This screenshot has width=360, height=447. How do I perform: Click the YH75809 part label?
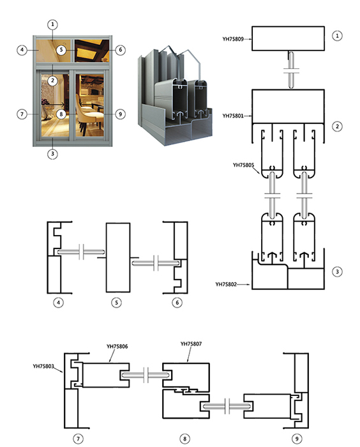point(233,39)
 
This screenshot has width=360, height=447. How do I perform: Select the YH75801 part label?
point(233,116)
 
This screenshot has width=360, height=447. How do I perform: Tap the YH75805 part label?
point(243,165)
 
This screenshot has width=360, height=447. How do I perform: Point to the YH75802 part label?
point(226,284)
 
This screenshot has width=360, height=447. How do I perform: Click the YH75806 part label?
point(117,346)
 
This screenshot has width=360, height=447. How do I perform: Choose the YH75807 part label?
point(191,344)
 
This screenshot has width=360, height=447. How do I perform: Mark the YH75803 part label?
point(43,366)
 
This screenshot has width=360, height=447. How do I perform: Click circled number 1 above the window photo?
point(52,24)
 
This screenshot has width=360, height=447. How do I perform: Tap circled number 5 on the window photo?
point(61,50)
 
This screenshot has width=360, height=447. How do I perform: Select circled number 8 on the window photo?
point(61,114)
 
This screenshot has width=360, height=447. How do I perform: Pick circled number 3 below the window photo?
point(52,154)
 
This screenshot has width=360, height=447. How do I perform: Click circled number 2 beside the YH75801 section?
point(337,126)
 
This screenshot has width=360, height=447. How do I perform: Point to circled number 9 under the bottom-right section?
point(297,439)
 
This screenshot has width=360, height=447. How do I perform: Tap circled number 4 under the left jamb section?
point(59,302)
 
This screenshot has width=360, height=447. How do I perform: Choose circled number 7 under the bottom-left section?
point(78,439)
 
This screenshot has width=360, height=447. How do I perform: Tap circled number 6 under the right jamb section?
point(177,302)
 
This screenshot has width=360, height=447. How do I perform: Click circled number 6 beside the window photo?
point(120,50)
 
